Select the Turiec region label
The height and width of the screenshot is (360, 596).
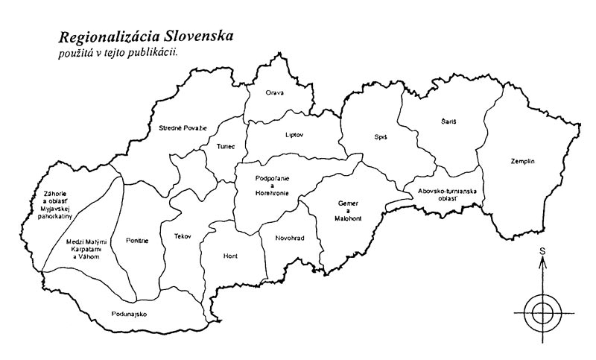point(225,146)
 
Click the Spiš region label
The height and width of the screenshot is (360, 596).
point(381,137)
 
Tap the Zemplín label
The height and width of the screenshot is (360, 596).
point(523,161)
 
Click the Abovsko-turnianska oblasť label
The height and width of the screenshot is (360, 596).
point(446,195)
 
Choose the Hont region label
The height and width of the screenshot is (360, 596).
point(230,256)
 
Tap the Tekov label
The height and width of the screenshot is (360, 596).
point(183,236)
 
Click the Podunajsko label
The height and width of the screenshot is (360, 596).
point(128,314)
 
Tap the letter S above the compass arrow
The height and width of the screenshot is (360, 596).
point(542,250)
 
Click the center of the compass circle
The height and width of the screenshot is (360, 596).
point(542,309)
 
